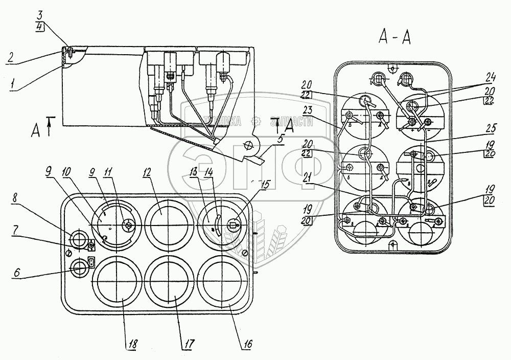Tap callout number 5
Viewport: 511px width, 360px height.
point(281,138)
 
